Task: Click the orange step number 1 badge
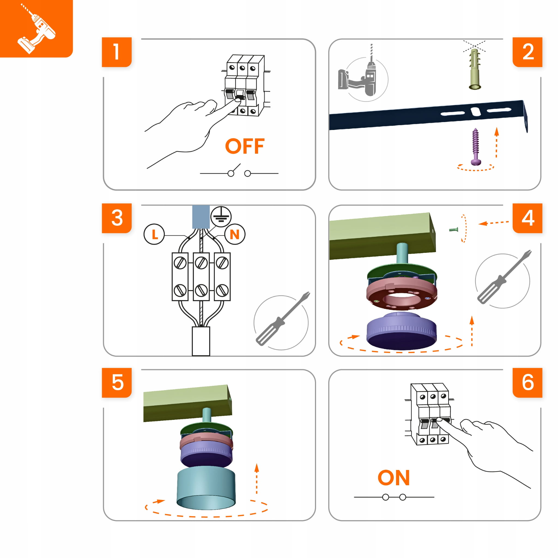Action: pyautogui.click(x=117, y=52)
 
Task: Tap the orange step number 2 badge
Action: pyautogui.click(x=527, y=52)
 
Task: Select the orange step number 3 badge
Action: pyautogui.click(x=117, y=218)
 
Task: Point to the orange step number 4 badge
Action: pyautogui.click(x=527, y=218)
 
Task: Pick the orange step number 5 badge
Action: pyautogui.click(x=117, y=383)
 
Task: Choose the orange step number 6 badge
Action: pyautogui.click(x=527, y=383)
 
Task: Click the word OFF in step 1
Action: pyautogui.click(x=245, y=146)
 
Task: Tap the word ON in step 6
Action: pyautogui.click(x=394, y=478)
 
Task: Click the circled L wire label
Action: pyautogui.click(x=154, y=234)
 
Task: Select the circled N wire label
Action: pyautogui.click(x=235, y=234)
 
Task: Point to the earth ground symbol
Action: pyautogui.click(x=221, y=216)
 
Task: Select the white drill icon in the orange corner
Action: pyautogui.click(x=37, y=29)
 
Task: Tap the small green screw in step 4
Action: pyautogui.click(x=453, y=230)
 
